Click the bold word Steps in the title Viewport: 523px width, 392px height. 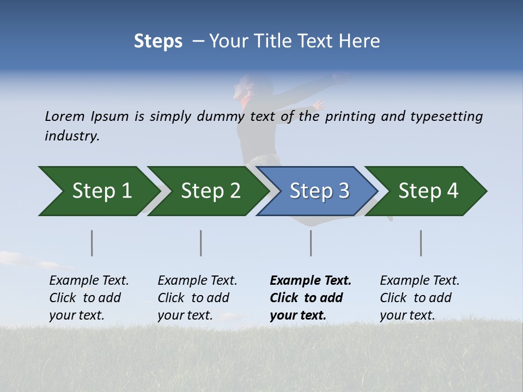pyautogui.click(x=158, y=41)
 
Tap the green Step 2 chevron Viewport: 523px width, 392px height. pyautogui.click(x=210, y=191)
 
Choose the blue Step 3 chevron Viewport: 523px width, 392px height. pyautogui.click(x=319, y=191)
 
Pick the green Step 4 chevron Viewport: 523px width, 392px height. pyautogui.click(x=428, y=191)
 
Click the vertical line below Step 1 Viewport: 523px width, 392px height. pyautogui.click(x=92, y=243)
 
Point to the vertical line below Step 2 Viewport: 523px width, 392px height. pyautogui.click(x=201, y=243)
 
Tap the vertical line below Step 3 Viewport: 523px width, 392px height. pyautogui.click(x=311, y=243)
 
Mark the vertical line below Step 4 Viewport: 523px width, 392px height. pyautogui.click(x=421, y=243)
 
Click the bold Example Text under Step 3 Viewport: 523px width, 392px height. pyautogui.click(x=311, y=281)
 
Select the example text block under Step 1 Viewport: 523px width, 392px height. pyautogui.click(x=89, y=298)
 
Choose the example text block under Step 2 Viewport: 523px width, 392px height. pyautogui.click(x=197, y=298)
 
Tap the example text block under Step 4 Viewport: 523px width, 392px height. pyautogui.click(x=419, y=298)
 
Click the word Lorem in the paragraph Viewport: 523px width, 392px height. pyautogui.click(x=65, y=117)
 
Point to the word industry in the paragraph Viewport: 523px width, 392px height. pyautogui.click(x=72, y=136)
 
